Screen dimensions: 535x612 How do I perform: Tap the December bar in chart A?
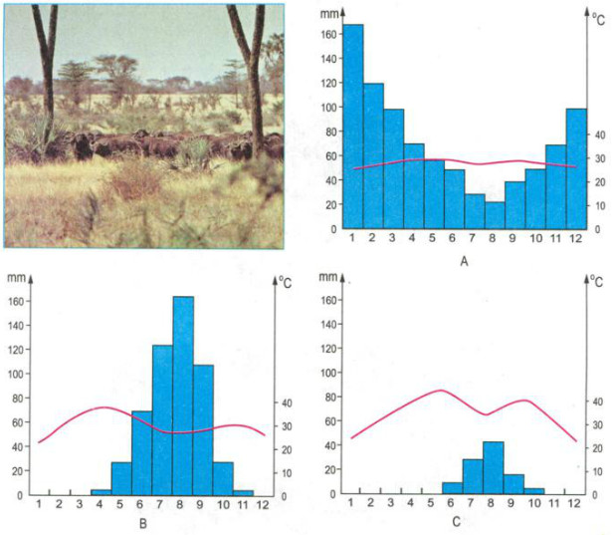point(577,169)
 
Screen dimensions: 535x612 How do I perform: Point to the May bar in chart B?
point(121,478)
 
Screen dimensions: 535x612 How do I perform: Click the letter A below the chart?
point(464,263)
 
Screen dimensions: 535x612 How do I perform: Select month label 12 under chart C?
point(574,504)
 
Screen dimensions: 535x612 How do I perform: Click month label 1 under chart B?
point(39,504)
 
